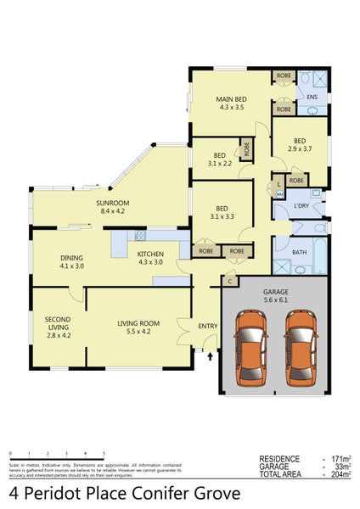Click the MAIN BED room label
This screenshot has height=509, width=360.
[231, 99]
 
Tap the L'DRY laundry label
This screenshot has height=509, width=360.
[301, 206]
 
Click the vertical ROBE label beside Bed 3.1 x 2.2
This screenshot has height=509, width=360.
[247, 148]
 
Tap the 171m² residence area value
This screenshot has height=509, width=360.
[342, 459]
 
